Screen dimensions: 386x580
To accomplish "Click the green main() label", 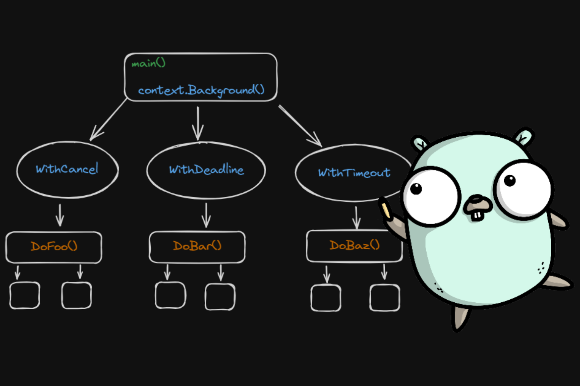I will (148, 63).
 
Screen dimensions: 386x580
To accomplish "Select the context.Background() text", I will (201, 90).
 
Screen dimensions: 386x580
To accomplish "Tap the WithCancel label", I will (67, 169).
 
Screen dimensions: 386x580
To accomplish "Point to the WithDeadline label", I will (206, 170).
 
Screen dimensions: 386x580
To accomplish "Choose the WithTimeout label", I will (354, 173).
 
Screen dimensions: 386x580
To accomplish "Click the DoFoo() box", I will (54, 247).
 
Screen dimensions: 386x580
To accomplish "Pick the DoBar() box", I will (197, 247).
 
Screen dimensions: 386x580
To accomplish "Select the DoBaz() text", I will (354, 245).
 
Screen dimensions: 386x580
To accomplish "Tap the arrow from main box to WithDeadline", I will (197, 123).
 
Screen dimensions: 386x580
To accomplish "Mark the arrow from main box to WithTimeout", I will (300, 126).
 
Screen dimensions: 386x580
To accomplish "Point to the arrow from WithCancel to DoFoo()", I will (60, 215).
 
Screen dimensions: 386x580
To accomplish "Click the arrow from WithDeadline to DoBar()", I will (206, 215).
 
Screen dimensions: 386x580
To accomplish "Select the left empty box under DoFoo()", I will (25, 295).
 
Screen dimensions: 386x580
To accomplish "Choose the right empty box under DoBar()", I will (220, 297).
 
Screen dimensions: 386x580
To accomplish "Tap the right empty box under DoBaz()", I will (384, 297).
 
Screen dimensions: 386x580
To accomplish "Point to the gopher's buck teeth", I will (477, 216).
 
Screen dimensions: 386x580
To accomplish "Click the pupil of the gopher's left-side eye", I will (416, 188).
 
